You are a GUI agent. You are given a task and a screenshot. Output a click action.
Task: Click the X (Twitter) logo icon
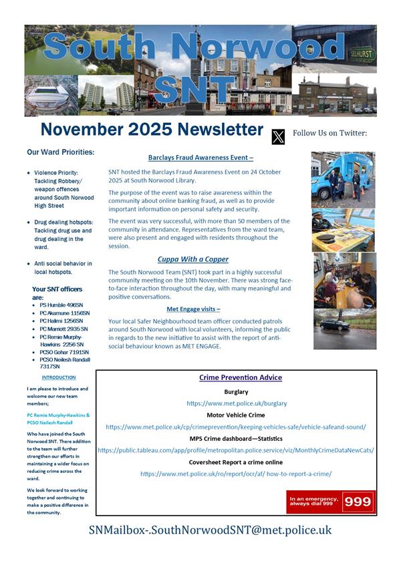click(278, 136)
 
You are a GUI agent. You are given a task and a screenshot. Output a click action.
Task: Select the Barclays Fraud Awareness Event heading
click(200, 158)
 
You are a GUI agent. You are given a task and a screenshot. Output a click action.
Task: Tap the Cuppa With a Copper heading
click(193, 258)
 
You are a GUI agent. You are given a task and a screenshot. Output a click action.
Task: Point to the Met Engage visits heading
click(193, 309)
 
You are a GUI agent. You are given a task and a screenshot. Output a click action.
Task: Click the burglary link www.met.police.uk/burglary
click(237, 403)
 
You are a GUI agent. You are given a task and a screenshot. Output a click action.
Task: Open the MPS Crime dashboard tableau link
click(235, 450)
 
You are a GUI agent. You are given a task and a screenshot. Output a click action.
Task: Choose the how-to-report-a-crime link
click(235, 474)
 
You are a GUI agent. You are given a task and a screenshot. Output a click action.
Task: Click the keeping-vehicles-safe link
click(236, 427)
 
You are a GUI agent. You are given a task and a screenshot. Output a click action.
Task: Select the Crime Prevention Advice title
click(240, 377)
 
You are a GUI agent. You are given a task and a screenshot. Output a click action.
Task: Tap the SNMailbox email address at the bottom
click(210, 530)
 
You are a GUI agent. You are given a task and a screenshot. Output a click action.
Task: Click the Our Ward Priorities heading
click(60, 152)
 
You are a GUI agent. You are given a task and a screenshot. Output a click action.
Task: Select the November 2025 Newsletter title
click(152, 130)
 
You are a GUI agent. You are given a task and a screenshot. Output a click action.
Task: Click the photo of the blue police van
click(344, 179)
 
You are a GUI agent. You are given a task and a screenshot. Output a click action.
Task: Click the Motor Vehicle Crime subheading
click(235, 415)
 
